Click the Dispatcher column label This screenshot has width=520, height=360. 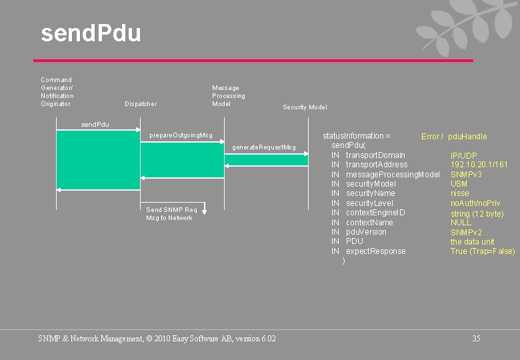point(141,104)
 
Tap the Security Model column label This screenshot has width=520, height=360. point(305,107)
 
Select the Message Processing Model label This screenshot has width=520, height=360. point(228,96)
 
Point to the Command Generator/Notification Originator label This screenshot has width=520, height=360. point(57,92)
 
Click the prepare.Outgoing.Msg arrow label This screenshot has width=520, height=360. point(181,136)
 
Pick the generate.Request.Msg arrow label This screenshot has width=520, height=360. point(263,147)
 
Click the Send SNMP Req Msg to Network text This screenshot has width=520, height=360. point(171,214)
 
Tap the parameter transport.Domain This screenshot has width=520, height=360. point(375,155)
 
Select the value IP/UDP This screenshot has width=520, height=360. point(463,156)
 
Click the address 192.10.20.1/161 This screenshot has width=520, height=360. point(479,165)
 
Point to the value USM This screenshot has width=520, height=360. point(459,184)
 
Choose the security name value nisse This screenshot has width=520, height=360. point(459,193)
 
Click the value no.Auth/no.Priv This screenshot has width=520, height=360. point(475,203)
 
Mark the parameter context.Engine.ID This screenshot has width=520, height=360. point(375,213)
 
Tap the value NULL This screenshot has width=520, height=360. point(461,223)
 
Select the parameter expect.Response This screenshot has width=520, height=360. point(375,251)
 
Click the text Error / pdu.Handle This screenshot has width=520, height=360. point(454,137)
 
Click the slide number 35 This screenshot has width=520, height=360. point(476,339)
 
